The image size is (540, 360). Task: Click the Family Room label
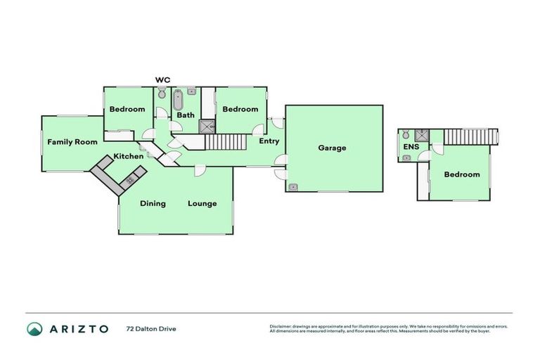[x=72, y=142]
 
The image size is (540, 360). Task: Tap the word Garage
[x=332, y=148]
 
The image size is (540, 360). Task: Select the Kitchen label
[x=129, y=156]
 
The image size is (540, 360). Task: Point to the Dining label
[x=153, y=204]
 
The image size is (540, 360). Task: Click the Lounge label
[x=202, y=204]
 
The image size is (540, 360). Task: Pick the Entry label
[x=269, y=141]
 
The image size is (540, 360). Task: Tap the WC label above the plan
[x=163, y=80]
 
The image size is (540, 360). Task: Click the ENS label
[x=411, y=146]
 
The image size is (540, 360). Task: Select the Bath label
[x=186, y=115]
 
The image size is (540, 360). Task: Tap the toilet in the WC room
[x=161, y=94]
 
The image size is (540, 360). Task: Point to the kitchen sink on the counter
[x=130, y=181]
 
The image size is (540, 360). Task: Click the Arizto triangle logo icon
[x=34, y=328]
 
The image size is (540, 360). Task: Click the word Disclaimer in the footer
[x=281, y=326]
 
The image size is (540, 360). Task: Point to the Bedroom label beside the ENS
[x=462, y=174]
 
